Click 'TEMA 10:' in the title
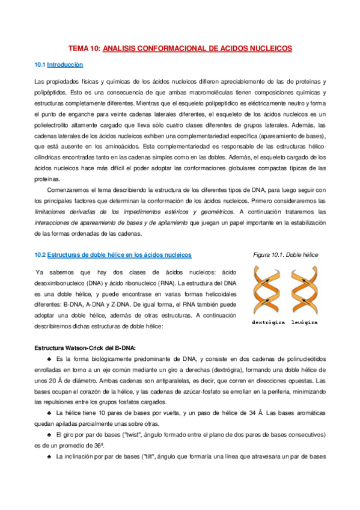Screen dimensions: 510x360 pyautogui.click(x=84, y=48)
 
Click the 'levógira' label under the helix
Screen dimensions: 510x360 pyautogui.click(x=304, y=322)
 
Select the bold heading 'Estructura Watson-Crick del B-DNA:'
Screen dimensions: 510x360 pyautogui.click(x=85, y=348)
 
